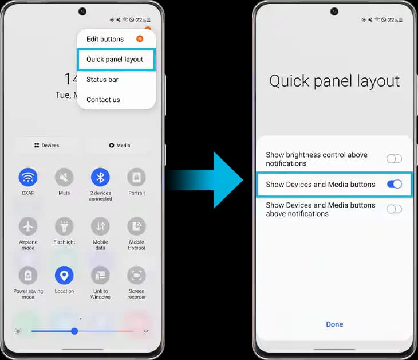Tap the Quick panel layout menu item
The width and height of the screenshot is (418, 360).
pos(115,59)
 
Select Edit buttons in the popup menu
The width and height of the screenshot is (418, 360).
pos(105,39)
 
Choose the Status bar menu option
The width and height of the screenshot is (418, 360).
pos(102,80)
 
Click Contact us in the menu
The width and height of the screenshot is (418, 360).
pos(103,100)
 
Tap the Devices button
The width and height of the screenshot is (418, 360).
pos(46,146)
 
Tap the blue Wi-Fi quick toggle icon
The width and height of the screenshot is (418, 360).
pos(28,177)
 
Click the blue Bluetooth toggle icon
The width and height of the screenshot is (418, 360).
pos(100,177)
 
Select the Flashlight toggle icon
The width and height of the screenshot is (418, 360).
pos(64,226)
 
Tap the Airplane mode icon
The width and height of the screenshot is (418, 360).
pos(28,226)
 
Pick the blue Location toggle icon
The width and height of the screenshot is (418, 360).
pos(64,275)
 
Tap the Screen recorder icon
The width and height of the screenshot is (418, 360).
pos(136,275)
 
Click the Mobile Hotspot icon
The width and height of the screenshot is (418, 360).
pos(136,226)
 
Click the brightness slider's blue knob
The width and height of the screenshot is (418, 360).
pos(74,331)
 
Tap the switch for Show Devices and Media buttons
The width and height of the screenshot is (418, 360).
pos(395,184)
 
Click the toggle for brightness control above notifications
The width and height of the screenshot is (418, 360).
pos(395,159)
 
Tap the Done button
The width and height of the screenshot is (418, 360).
pos(334,324)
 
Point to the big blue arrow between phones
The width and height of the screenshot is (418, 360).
pos(205,180)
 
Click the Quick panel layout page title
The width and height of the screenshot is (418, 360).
pos(334,81)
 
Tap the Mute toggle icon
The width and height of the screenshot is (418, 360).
pos(64,177)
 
